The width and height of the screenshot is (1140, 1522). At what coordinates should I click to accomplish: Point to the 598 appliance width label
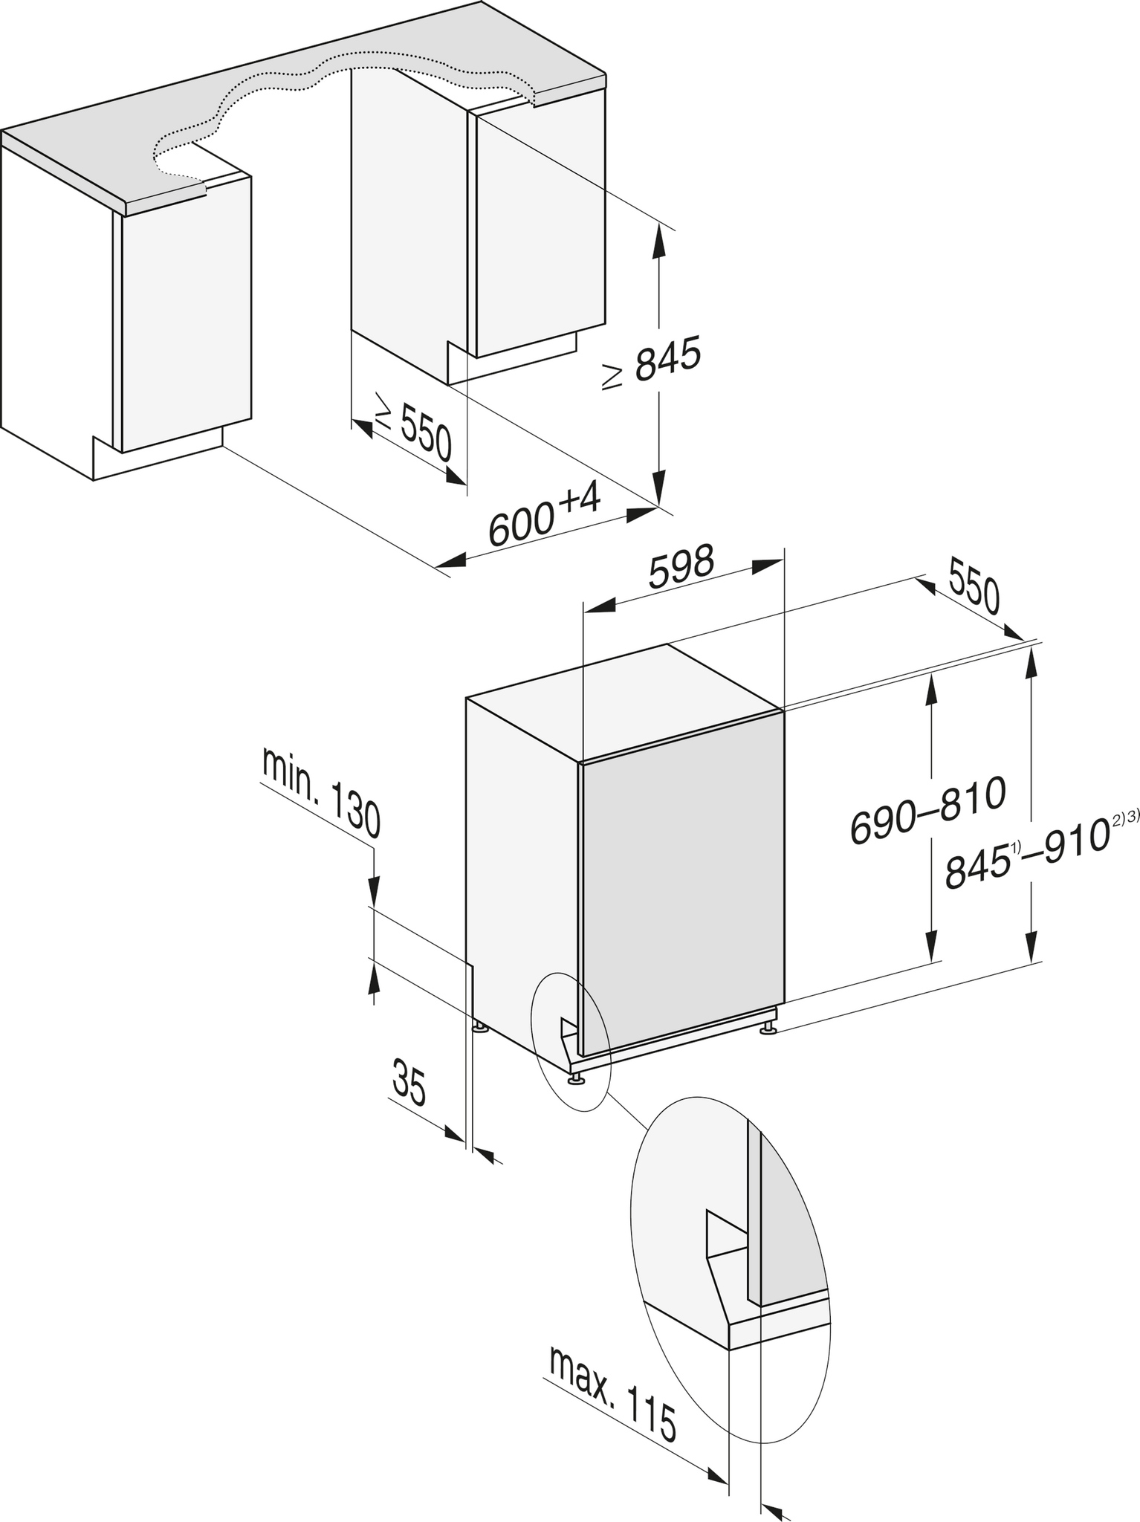coord(681,567)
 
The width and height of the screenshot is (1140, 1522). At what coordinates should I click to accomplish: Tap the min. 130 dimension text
coord(321,793)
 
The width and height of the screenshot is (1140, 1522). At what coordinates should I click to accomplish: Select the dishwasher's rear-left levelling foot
coord(480,1028)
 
